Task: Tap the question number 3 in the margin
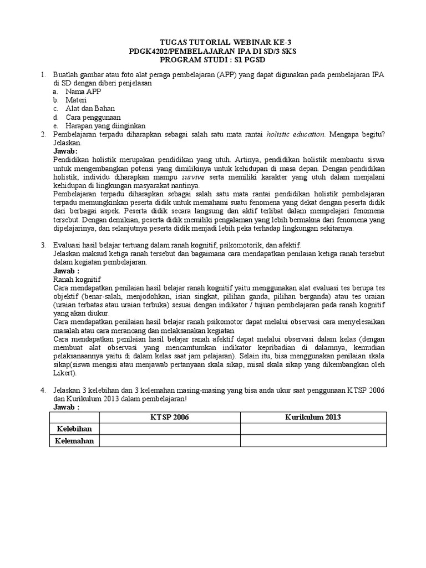pos(43,245)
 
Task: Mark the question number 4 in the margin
pos(43,391)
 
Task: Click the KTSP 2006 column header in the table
pos(169,417)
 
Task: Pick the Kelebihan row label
pos(72,429)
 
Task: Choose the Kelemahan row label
pos(72,441)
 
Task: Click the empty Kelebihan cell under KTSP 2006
pos(169,429)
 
